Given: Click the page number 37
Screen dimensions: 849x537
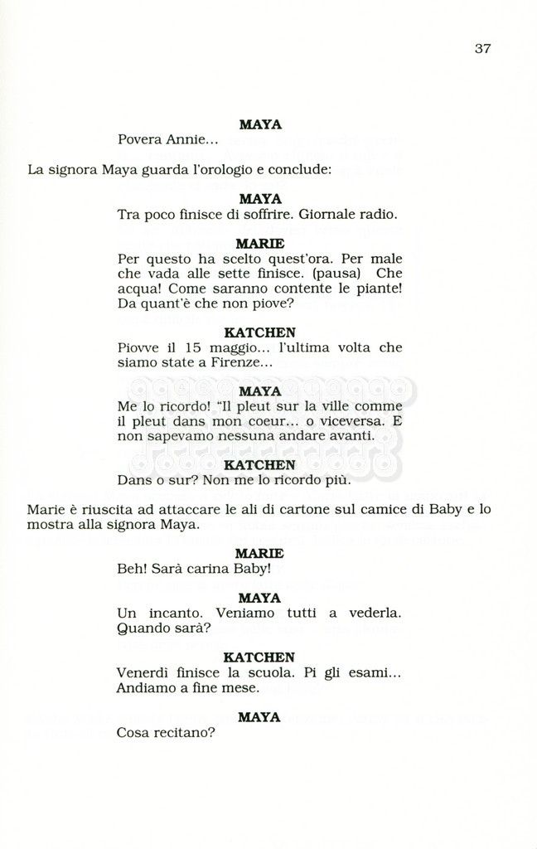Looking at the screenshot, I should pyautogui.click(x=482, y=48).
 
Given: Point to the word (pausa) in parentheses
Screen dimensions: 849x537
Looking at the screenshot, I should pyautogui.click(x=342, y=273).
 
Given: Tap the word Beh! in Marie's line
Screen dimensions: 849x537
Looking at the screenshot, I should pyautogui.click(x=133, y=569).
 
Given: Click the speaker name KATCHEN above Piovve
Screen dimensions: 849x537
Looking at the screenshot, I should pyautogui.click(x=259, y=332).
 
